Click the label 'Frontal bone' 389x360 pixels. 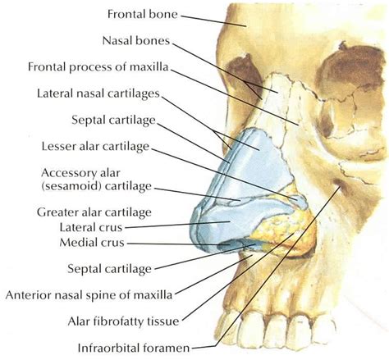pos(142,14)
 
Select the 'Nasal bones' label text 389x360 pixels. pos(136,41)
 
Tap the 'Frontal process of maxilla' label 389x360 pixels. pos(98,67)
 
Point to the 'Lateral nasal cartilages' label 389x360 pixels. pos(98,93)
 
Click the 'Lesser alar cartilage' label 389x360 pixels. pos(95,147)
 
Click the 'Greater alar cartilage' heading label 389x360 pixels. pos(94,212)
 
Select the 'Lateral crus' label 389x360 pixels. pos(91,227)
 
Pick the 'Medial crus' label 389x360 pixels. pos(92,243)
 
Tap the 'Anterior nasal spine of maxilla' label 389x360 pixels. pos(89,295)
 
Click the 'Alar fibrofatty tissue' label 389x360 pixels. pos(123,321)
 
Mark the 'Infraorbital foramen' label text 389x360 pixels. pos(134,348)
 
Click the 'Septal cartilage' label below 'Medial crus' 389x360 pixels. pos(109,269)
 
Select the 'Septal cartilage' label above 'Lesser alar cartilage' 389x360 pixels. pos(113,121)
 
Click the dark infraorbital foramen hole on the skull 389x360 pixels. pos(338,183)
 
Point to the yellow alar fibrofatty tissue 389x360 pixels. pos(285,232)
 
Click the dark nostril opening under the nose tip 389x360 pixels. pos(228,245)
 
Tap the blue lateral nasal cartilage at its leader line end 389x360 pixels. pos(259,150)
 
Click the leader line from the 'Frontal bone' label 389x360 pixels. pos(213,21)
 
